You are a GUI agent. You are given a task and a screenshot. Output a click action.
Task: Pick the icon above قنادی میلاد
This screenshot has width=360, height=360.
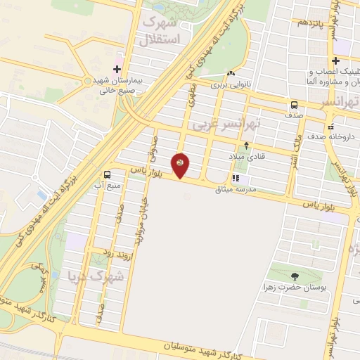coord(246,146)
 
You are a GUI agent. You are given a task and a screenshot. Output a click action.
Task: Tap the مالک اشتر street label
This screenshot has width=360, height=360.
coord(297,146)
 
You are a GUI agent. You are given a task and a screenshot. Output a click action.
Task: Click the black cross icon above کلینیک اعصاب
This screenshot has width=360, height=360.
coord(335,60)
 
